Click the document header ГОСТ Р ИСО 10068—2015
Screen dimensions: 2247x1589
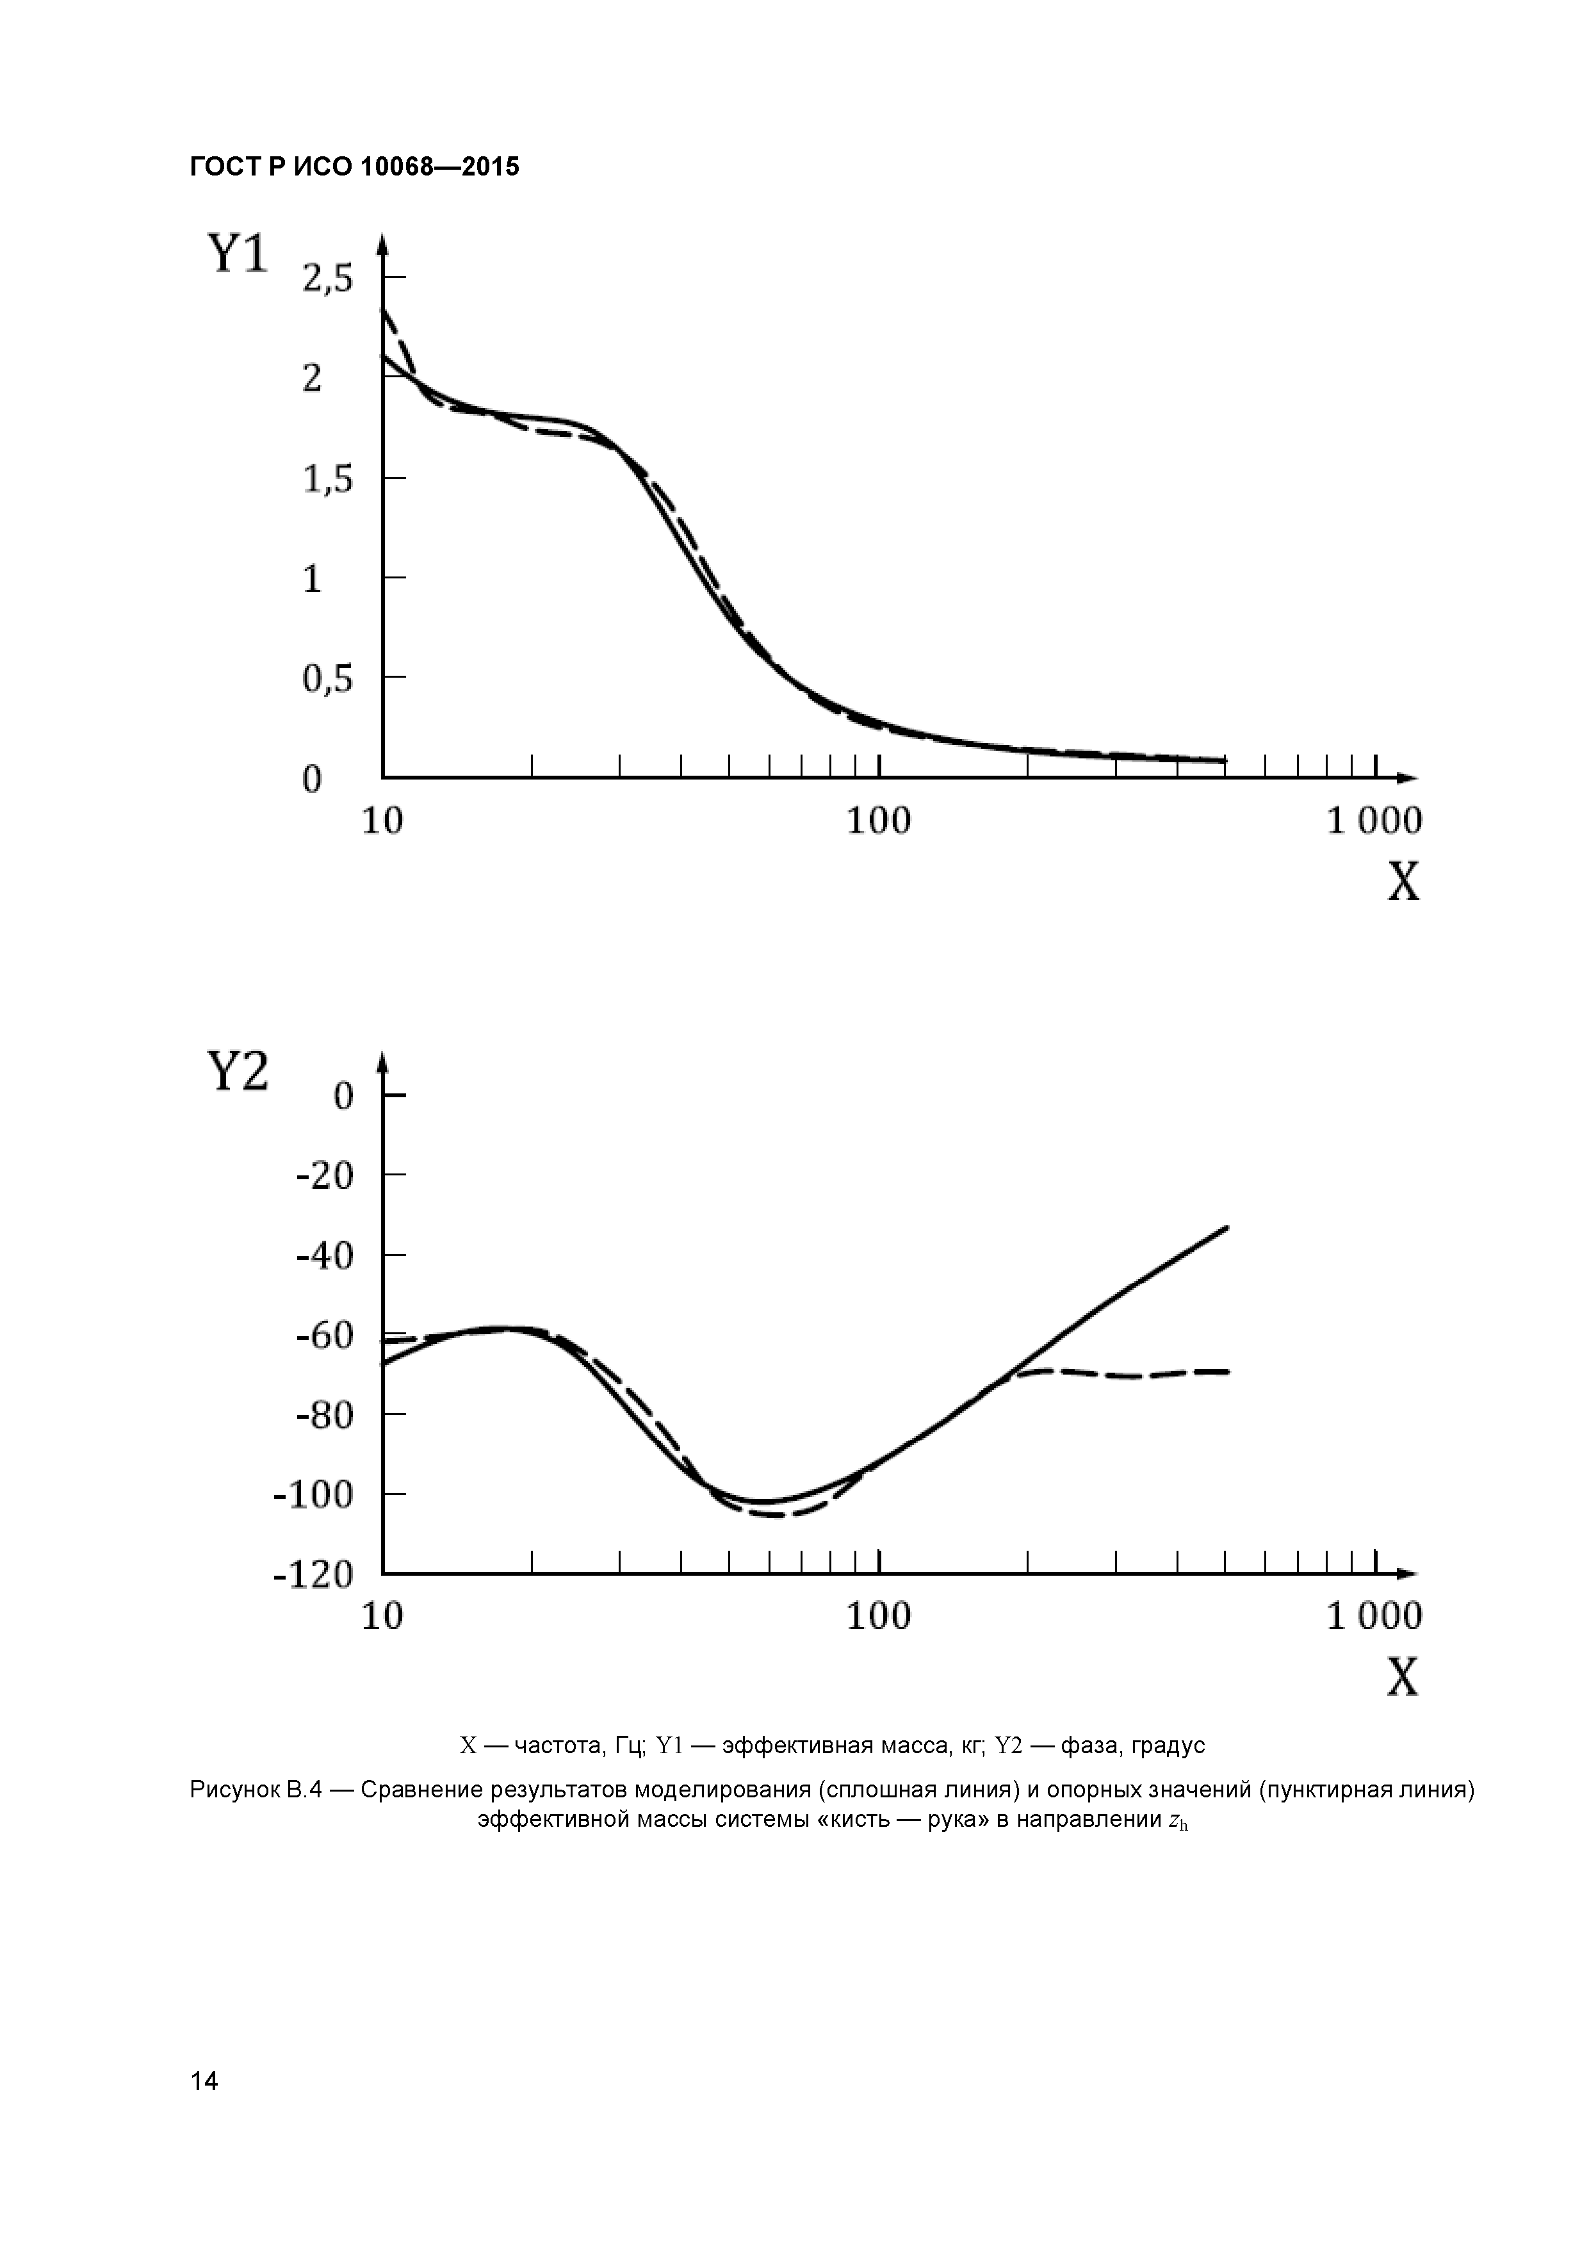point(354,167)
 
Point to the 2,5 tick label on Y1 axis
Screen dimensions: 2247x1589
point(327,280)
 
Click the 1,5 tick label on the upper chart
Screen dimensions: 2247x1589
point(327,480)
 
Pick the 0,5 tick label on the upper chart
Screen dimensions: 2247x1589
point(327,679)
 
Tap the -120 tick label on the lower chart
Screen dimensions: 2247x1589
point(313,1574)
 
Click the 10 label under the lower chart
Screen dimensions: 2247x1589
point(382,1617)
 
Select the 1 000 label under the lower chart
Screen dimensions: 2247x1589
point(1374,1617)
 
